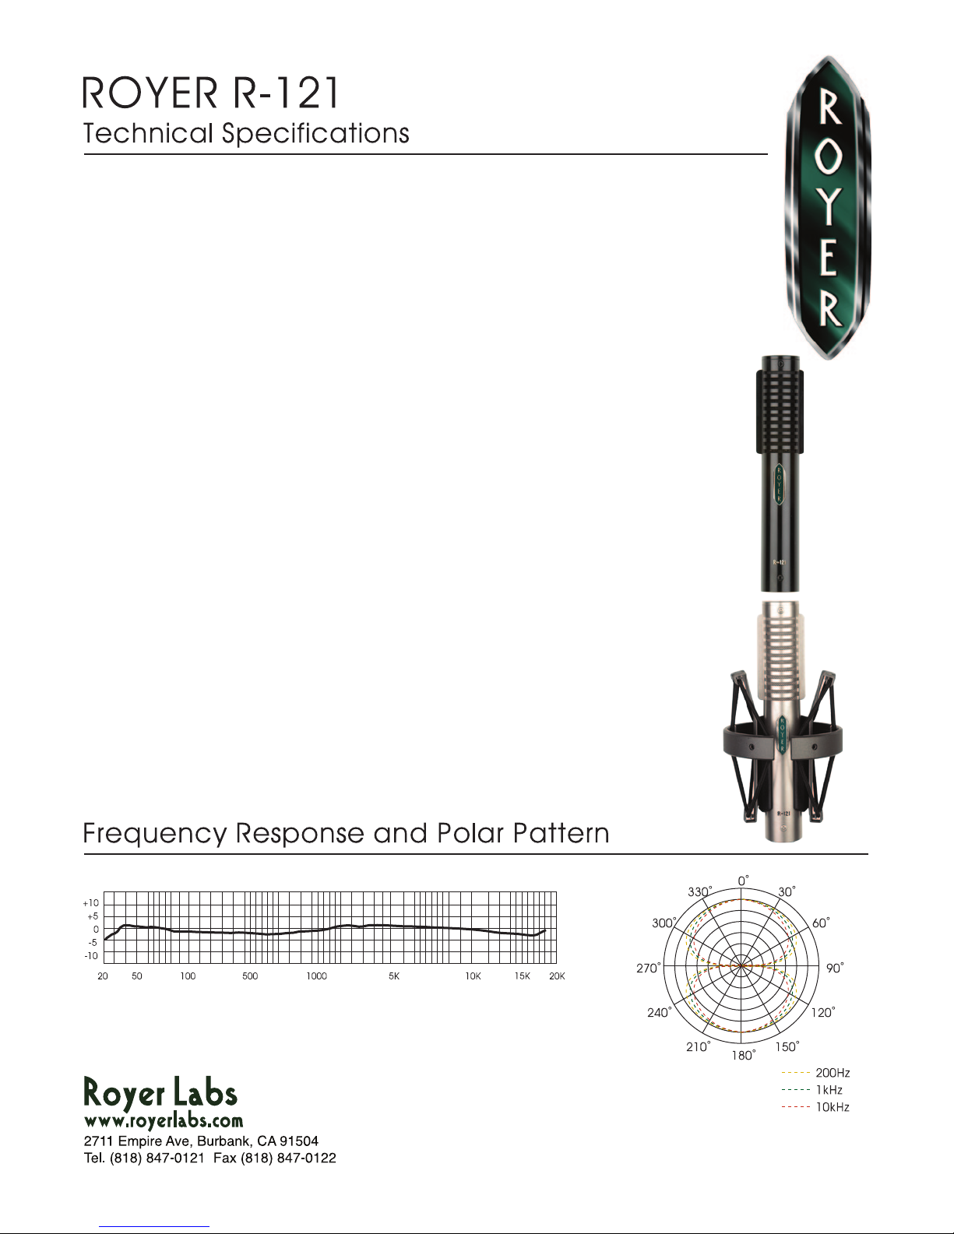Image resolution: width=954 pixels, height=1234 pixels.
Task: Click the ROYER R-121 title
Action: point(211,93)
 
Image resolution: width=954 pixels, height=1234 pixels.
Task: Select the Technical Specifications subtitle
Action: point(246,134)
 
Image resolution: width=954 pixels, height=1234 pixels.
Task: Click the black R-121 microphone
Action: point(780,474)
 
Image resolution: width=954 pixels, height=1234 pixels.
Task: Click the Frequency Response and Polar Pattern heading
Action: point(346,834)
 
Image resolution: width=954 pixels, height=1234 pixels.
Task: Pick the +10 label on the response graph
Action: point(91,903)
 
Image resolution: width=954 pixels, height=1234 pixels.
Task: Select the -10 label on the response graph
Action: point(91,956)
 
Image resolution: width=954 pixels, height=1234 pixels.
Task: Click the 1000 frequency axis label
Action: point(316,976)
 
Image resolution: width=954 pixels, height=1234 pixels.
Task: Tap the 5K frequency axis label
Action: point(394,976)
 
